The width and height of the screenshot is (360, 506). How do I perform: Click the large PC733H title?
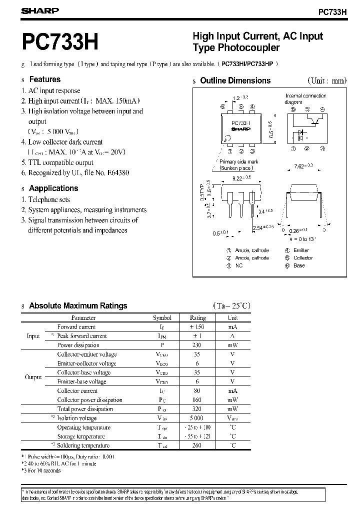point(59,42)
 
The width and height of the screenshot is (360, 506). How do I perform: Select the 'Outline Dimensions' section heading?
point(235,80)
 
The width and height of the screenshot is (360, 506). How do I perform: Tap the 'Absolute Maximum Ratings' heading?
point(78,306)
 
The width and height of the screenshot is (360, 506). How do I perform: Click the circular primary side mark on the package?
point(228,138)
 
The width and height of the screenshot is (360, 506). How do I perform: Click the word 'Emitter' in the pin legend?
point(301,250)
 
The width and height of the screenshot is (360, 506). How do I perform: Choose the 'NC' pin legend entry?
point(238,265)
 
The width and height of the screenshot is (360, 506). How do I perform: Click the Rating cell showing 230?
point(197,345)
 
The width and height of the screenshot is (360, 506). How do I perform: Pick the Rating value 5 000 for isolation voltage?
point(197,418)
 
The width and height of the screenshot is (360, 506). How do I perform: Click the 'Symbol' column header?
point(162,317)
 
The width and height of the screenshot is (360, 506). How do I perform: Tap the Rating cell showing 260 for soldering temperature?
point(197,445)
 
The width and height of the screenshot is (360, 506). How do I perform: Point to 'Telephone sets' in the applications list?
point(49,199)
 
